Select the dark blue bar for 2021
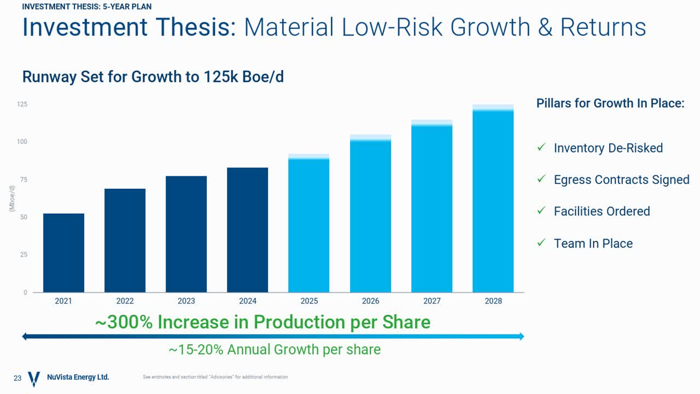63,253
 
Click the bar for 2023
186,234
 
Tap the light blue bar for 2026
370,216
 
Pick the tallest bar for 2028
493,200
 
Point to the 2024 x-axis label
248,301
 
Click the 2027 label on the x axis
431,301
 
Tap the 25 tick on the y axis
24,255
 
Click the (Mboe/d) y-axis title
12,198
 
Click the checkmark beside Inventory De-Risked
541,148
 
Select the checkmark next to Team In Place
541,243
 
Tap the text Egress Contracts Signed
621,179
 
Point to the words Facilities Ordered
602,211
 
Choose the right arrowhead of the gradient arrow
521,337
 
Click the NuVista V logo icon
34,378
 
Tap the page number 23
17,378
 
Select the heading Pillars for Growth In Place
610,103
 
